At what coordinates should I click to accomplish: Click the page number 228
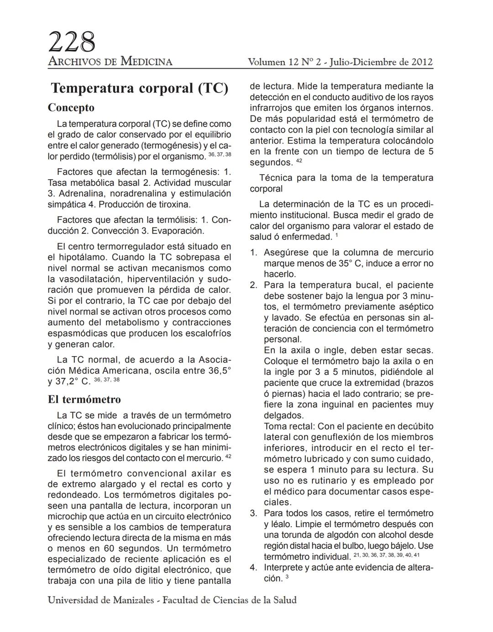point(72,42)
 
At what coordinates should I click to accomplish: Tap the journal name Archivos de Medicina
point(110,62)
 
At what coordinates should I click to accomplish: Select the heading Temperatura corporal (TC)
point(139,88)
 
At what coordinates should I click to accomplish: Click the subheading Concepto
point(71,108)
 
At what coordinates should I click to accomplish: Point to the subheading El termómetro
point(84,399)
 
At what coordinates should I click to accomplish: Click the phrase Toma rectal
point(288,426)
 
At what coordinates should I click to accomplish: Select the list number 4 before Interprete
point(253,568)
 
